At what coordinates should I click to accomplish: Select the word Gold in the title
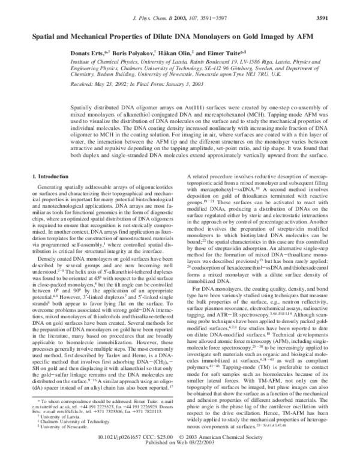point(269,37)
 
